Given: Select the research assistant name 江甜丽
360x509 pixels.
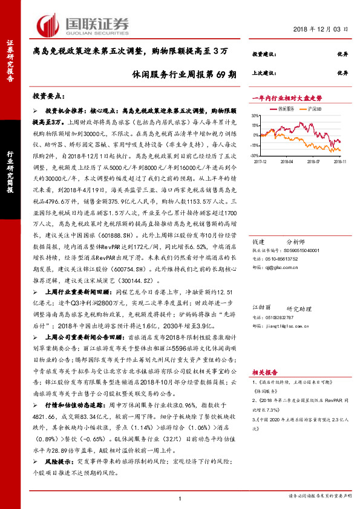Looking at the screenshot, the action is (x=260, y=308).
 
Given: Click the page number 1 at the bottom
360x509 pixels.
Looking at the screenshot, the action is (x=180, y=498).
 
